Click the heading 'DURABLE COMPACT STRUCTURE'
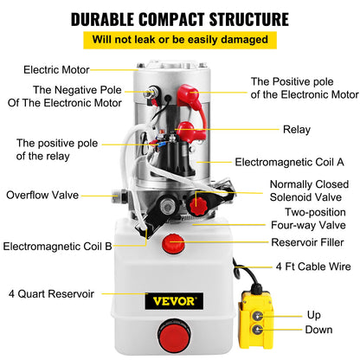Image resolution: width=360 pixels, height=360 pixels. click(180, 18)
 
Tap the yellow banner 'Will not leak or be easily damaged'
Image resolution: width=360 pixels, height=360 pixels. click(180, 40)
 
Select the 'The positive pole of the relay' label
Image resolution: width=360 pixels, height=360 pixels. click(52, 149)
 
